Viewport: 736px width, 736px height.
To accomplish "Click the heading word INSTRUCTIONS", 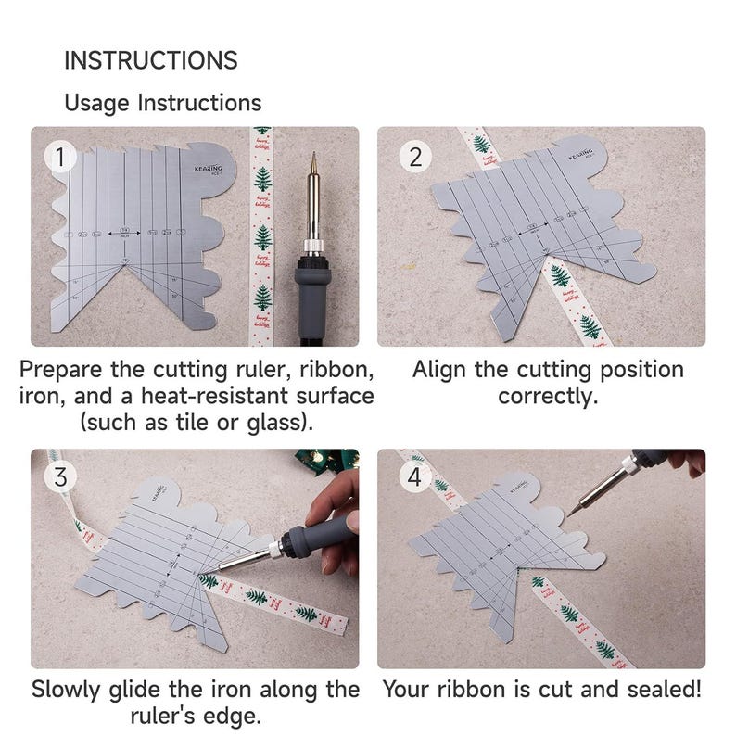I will tap(150, 61).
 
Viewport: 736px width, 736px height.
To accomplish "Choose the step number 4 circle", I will tap(414, 477).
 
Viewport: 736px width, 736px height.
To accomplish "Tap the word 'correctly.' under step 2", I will tap(548, 397).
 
